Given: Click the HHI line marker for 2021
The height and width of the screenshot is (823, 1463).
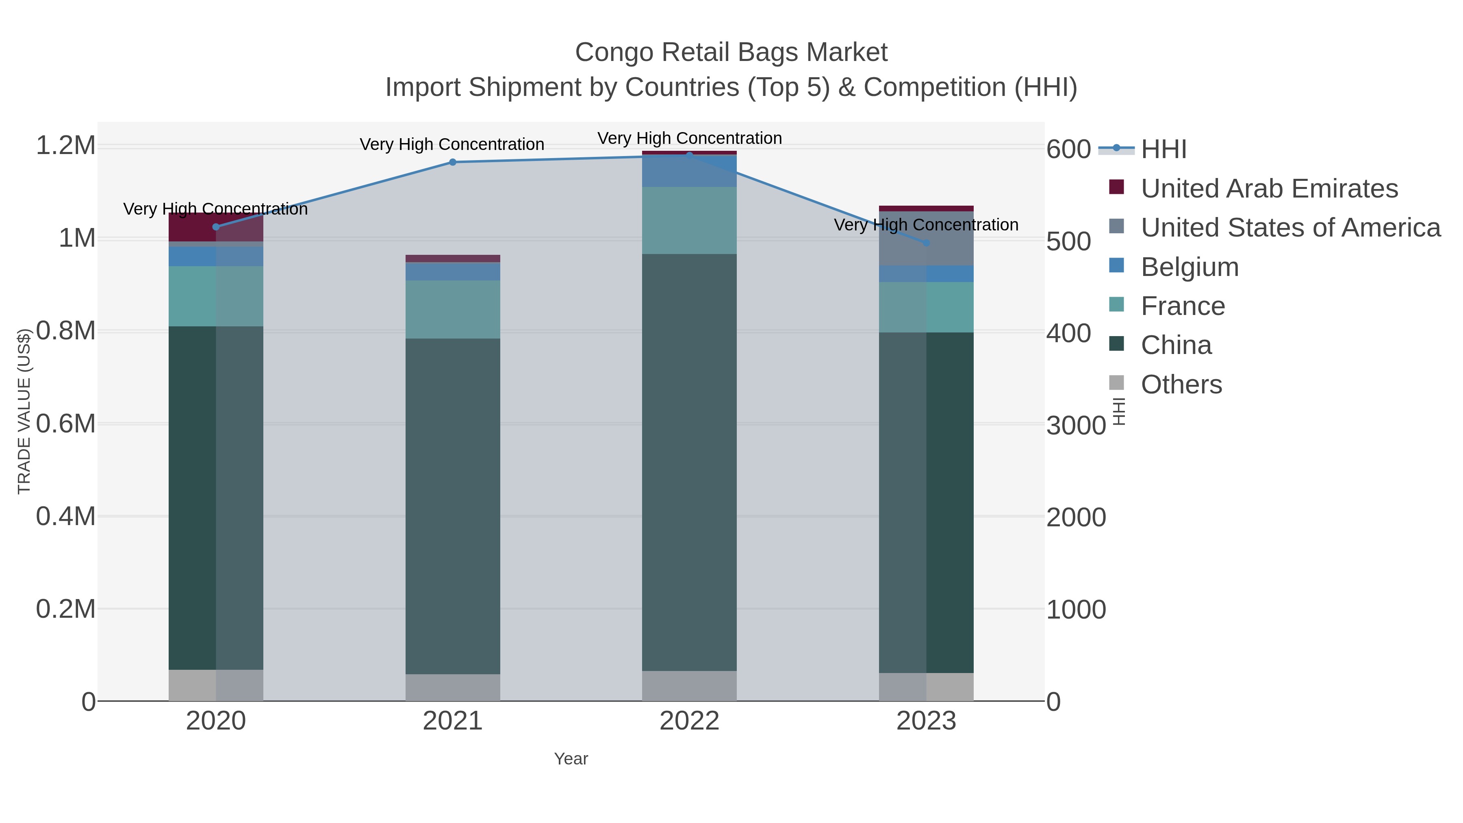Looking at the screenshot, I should point(453,163).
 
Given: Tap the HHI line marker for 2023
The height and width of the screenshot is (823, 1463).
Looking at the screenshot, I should point(926,243).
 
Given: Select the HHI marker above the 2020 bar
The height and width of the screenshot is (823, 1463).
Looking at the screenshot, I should point(216,227).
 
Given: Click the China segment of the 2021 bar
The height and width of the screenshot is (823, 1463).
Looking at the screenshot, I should point(453,506).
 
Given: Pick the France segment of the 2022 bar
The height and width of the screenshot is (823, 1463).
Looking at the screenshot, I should point(690,220).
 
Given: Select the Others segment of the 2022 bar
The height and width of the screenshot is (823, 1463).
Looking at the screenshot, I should point(690,686).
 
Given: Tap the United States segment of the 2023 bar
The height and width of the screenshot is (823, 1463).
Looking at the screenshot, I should point(926,239).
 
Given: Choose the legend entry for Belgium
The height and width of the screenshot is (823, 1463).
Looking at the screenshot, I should point(1189,267).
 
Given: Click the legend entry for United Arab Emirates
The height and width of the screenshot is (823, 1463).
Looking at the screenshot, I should point(1269,189).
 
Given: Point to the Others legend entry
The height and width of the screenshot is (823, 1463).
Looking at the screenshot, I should point(1181,384).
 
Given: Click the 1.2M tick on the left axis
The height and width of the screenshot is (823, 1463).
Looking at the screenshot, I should point(66,146).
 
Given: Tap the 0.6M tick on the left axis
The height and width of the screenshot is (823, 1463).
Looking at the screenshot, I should point(66,424).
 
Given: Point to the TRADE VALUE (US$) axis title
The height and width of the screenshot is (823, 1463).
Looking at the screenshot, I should point(24,411).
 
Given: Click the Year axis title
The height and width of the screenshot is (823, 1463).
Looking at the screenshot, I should point(571,759).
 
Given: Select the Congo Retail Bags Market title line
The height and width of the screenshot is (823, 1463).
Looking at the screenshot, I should point(731,52).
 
